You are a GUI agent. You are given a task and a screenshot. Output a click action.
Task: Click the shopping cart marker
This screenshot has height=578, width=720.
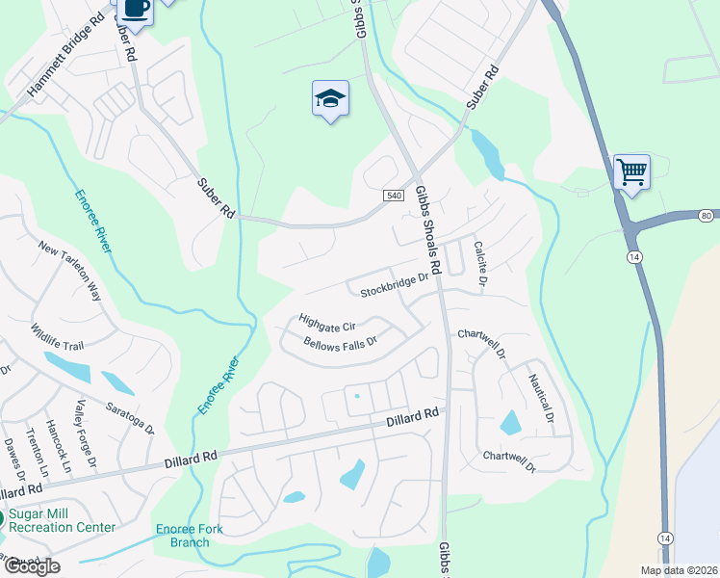tap(631, 172)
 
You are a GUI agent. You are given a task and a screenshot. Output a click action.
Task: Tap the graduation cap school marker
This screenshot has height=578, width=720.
tap(330, 98)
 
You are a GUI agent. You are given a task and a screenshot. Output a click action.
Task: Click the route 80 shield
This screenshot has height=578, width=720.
tap(707, 215)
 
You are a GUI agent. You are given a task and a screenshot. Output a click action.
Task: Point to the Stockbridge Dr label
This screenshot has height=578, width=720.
tap(394, 286)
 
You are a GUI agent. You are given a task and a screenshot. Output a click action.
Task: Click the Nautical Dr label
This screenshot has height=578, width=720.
tap(541, 398)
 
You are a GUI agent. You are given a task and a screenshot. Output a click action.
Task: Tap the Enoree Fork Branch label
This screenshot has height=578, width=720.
tap(183, 535)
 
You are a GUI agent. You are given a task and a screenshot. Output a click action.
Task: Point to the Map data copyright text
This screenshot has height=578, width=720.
tap(678, 570)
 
